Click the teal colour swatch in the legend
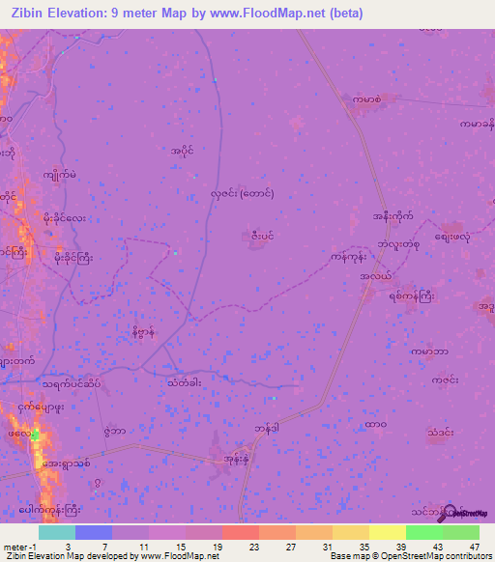tap(57, 532)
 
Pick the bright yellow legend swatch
tap(388, 532)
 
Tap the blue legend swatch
tap(94, 532)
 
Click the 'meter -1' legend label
tap(19, 547)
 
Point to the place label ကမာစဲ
tap(367, 99)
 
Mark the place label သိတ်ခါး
tap(185, 382)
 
